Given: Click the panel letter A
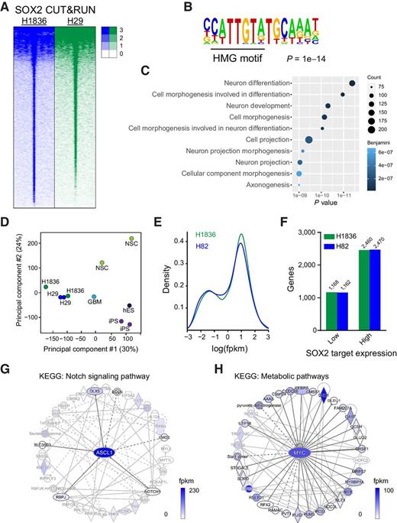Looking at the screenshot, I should [7, 7].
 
